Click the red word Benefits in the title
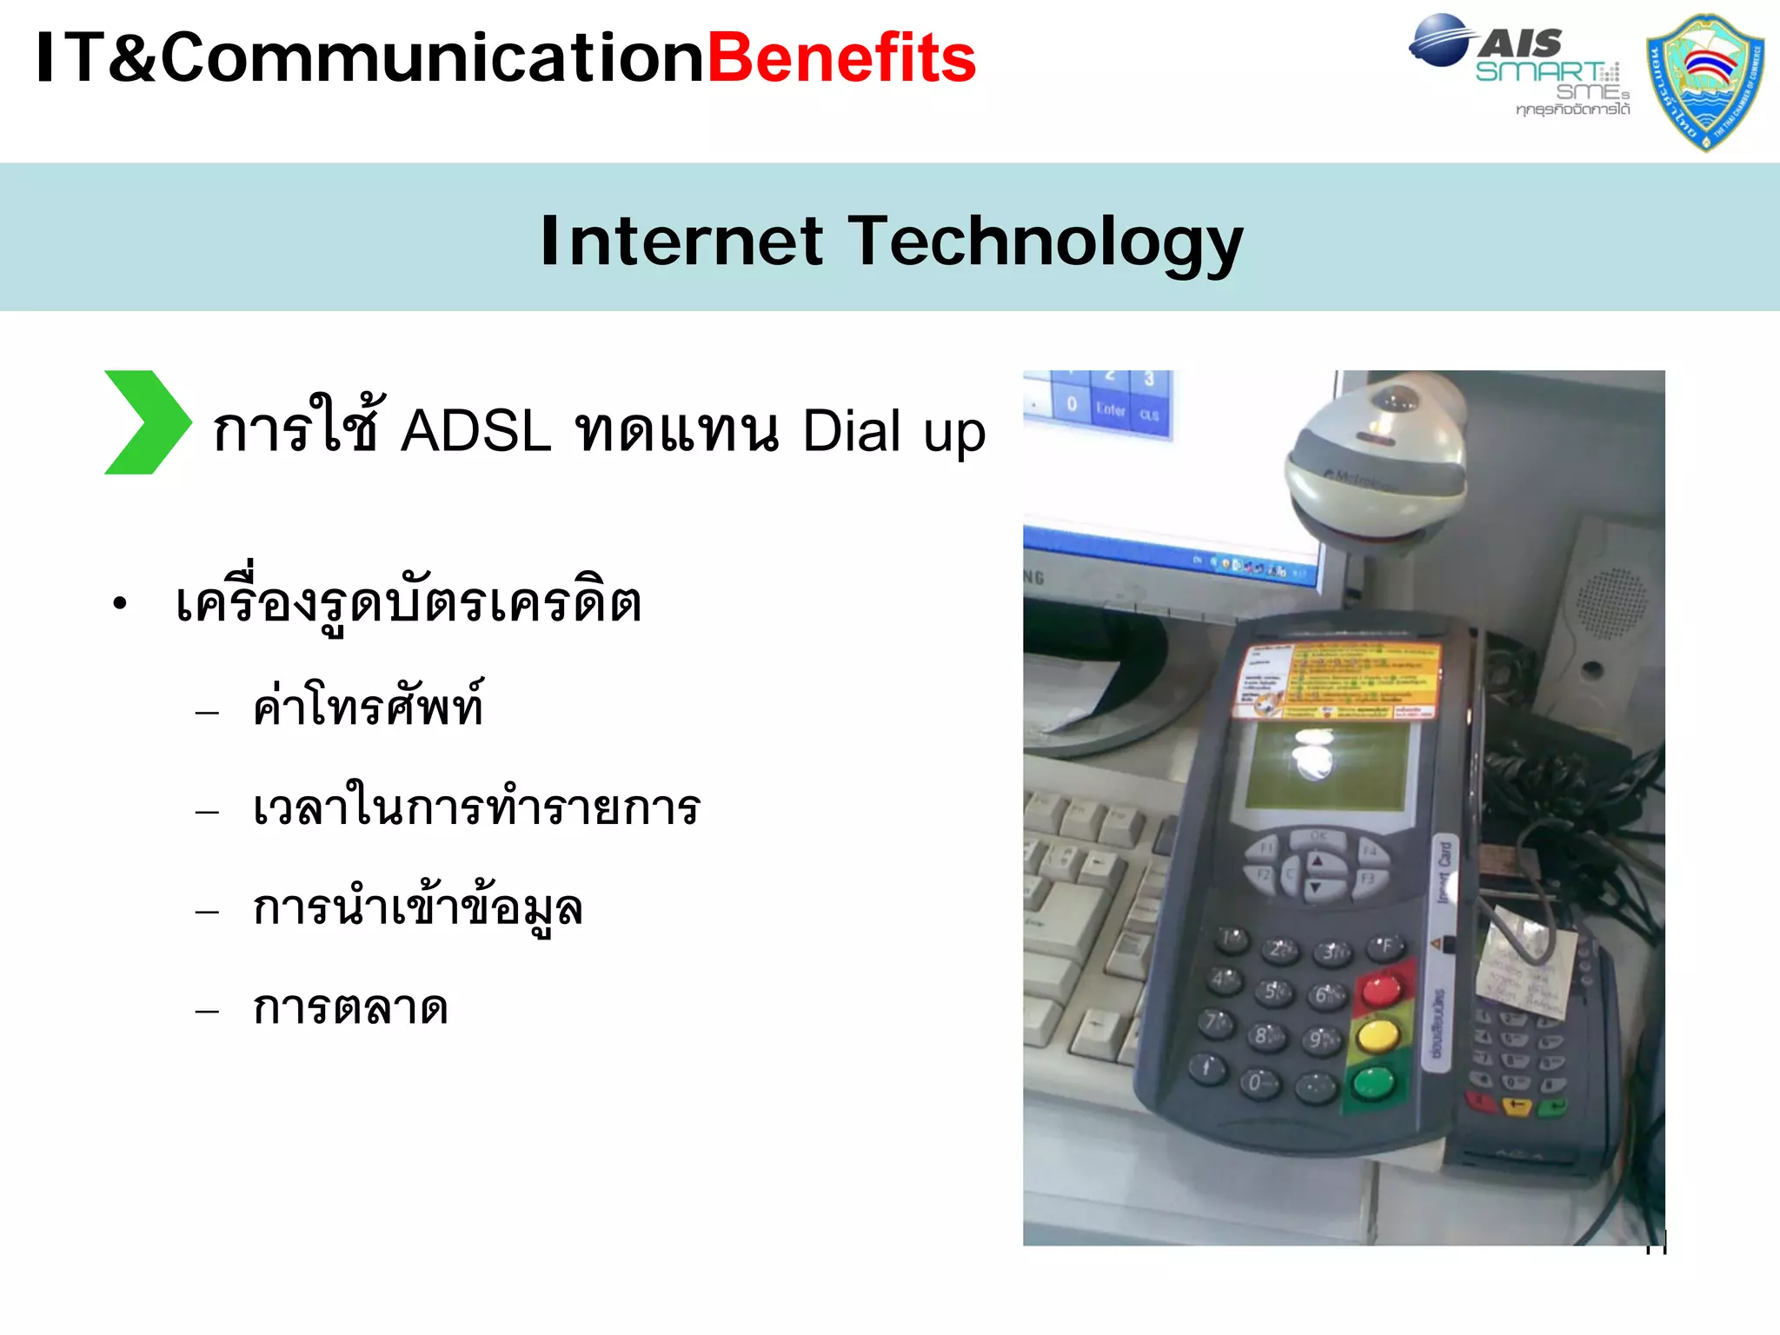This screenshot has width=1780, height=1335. click(841, 59)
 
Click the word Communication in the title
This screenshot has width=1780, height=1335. click(432, 59)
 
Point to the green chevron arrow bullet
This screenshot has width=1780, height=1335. click(145, 422)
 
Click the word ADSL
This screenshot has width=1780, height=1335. click(475, 430)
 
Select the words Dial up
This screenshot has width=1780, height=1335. click(893, 432)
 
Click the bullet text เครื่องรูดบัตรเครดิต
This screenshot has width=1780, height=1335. click(408, 601)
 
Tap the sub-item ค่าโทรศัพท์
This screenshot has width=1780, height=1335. click(368, 707)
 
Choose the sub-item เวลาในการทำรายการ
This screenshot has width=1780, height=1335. click(476, 807)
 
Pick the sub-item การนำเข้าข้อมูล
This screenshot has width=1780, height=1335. click(417, 909)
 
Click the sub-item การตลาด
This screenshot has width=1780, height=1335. click(350, 1008)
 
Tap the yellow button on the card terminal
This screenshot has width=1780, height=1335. click(1378, 1036)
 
